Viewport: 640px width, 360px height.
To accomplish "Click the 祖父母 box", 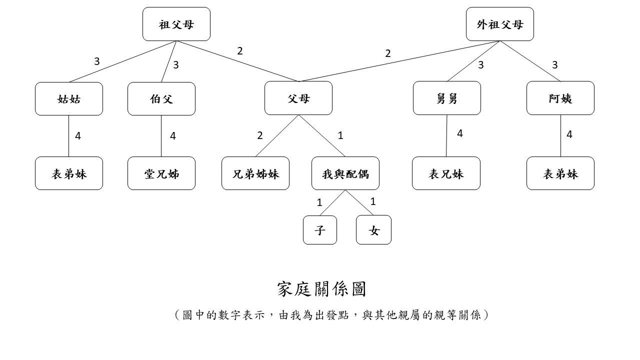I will point(176,24).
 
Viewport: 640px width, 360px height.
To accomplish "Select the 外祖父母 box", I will point(499,24).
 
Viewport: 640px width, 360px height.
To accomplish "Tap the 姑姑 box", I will point(69,98).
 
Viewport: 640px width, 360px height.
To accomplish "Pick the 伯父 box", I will point(161,98).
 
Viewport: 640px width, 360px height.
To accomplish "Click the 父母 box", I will point(298,98).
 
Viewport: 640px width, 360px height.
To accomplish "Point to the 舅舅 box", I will point(446,98).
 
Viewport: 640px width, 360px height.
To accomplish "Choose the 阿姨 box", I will point(560,98).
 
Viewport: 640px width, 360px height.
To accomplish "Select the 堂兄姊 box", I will point(161,173).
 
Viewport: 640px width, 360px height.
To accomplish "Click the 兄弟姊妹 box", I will point(255,173).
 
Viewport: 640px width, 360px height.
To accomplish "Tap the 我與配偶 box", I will point(345,173).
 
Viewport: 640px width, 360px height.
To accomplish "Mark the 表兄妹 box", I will point(446,173).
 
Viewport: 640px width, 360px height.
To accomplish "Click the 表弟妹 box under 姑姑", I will point(69,173).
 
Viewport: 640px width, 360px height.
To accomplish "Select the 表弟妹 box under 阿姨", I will point(560,173).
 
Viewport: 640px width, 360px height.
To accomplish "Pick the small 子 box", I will point(320,230).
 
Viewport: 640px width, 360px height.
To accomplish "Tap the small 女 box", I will point(373,230).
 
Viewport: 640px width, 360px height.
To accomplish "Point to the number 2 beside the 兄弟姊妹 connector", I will point(259,135).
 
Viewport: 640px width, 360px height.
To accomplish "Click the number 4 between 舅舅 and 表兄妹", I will point(459,133).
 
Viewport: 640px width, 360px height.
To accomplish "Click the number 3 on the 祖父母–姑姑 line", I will point(96,61).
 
